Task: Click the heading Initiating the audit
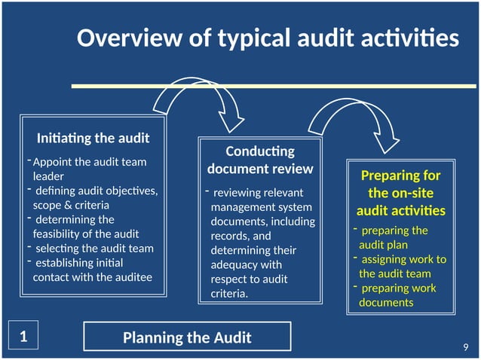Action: tap(93, 138)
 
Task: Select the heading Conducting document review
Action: tap(260, 160)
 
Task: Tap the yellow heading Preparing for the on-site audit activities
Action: tap(400, 193)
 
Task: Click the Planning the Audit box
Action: tap(187, 337)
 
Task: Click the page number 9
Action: tap(465, 346)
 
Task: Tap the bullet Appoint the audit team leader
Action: tap(89, 169)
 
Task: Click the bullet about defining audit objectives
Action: tap(95, 197)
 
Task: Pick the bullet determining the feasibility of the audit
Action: tap(86, 226)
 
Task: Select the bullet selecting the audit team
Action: tap(93, 248)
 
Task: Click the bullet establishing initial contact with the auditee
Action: tap(92, 270)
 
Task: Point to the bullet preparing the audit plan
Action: tap(393, 237)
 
